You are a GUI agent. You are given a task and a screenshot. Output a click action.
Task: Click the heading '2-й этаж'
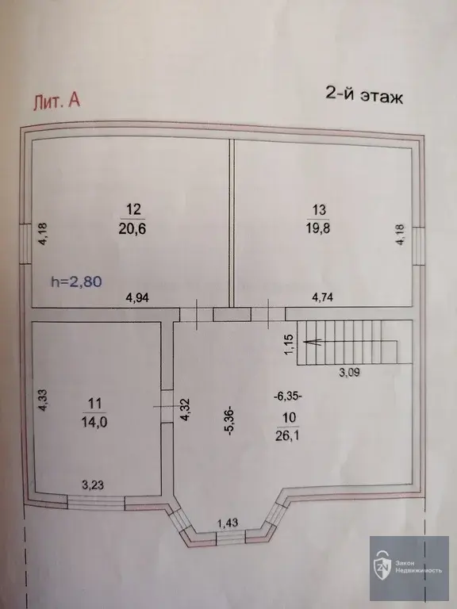pos(364,95)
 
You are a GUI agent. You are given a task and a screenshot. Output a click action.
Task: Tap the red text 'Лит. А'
pos(57,101)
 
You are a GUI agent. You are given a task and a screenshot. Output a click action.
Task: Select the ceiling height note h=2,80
pos(76,282)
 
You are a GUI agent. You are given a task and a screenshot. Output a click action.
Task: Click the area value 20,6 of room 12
pos(132,228)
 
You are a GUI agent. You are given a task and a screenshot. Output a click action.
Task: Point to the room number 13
pos(319,210)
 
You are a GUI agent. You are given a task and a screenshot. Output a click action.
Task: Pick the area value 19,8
pos(318,228)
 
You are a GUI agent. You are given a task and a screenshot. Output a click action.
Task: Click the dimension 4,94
pos(137,298)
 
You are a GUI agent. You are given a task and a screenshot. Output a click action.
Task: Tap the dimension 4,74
pos(323,297)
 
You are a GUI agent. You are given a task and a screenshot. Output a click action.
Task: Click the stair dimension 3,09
pos(349,373)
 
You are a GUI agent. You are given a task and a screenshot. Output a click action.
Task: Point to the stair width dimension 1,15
pos(289,344)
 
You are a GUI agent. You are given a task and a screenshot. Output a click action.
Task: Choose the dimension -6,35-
pos(288,397)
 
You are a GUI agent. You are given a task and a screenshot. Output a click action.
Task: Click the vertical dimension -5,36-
pos(231,421)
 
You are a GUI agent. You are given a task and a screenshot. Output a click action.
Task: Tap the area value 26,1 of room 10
pos(287,436)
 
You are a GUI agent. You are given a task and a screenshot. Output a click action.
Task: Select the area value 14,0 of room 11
pos(94,421)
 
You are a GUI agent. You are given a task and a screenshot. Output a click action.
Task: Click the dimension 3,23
pos(93,485)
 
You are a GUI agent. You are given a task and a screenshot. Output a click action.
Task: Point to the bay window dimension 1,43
pos(228,523)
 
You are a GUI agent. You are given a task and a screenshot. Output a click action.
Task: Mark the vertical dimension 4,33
pos(43,400)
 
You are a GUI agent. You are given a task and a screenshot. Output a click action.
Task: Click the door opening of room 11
pos(167,407)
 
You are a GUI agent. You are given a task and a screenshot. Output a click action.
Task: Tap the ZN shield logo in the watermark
pos(382,565)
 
